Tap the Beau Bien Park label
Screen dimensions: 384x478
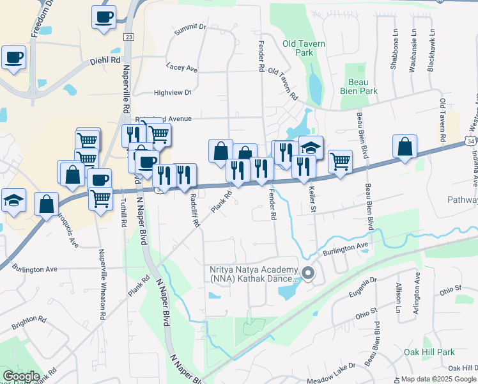pyautogui.click(x=363, y=86)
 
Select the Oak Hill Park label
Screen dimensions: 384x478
pyautogui.click(x=429, y=353)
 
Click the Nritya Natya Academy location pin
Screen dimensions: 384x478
pyautogui.click(x=308, y=274)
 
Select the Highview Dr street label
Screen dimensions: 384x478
pyautogui.click(x=173, y=93)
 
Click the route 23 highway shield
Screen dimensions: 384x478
pyautogui.click(x=129, y=38)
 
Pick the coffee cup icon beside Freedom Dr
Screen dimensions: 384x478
pyautogui.click(x=13, y=58)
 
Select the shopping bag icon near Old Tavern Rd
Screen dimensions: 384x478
pyautogui.click(x=405, y=147)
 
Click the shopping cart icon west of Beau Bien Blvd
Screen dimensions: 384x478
pyautogui.click(x=340, y=161)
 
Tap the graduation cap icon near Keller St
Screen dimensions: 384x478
pyautogui.click(x=311, y=148)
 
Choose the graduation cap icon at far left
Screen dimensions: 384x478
pyautogui.click(x=13, y=200)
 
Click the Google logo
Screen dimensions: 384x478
pyautogui.click(x=20, y=376)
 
